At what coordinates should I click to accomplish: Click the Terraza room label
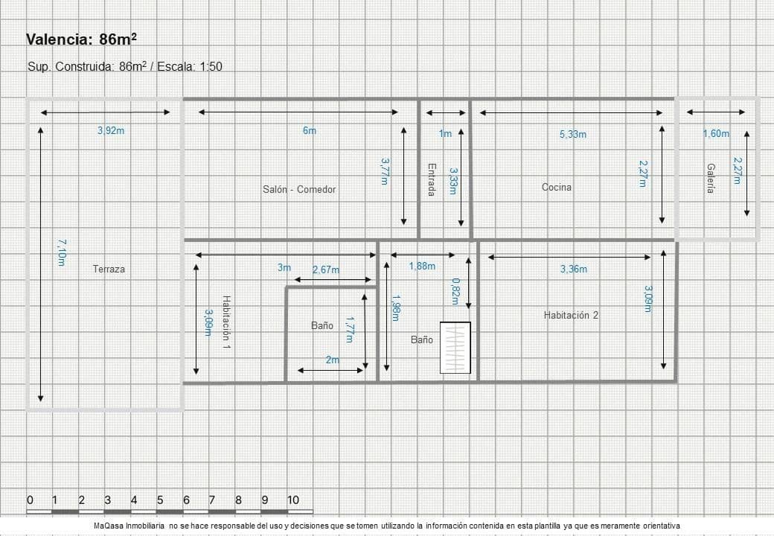(109, 269)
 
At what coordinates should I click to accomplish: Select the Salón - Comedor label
(299, 190)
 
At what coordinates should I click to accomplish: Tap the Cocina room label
(557, 187)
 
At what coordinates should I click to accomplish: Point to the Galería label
(710, 178)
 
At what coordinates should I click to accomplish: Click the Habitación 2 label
(571, 315)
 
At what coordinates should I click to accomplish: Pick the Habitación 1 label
(226, 322)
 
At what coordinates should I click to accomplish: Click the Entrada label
(432, 179)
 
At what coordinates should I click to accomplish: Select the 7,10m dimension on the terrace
(62, 252)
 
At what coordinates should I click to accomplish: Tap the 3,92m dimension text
(111, 131)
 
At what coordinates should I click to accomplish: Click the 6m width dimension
(310, 130)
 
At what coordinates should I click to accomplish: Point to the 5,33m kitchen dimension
(573, 134)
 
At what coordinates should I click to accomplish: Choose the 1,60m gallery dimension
(716, 133)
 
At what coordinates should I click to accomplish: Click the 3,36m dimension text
(574, 269)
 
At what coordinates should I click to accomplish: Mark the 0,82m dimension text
(455, 292)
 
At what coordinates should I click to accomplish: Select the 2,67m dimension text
(326, 269)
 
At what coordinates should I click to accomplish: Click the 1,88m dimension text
(422, 266)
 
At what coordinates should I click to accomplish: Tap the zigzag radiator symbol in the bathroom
(455, 348)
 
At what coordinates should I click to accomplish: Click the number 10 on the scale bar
(293, 500)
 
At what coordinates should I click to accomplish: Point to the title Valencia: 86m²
(81, 39)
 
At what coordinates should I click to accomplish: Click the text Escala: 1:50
(190, 67)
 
